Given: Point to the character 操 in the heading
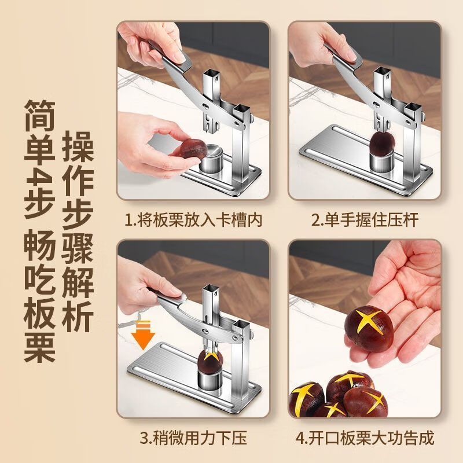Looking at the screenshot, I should [79, 147].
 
